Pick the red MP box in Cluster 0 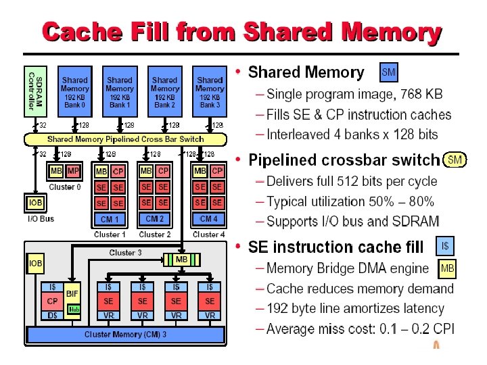[x=72, y=171]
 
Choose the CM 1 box [x=110, y=219]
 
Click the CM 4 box [x=209, y=219]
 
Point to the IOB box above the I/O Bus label [x=35, y=203]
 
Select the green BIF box [x=72, y=294]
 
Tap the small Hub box [x=74, y=310]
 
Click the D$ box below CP [x=51, y=316]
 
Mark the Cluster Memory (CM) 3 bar [x=125, y=335]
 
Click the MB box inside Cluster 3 [x=181, y=260]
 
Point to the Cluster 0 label [x=64, y=187]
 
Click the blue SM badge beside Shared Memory [x=389, y=71]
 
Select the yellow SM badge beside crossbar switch [x=455, y=160]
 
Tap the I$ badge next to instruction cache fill [x=446, y=246]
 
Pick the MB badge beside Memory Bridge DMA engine [x=447, y=269]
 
